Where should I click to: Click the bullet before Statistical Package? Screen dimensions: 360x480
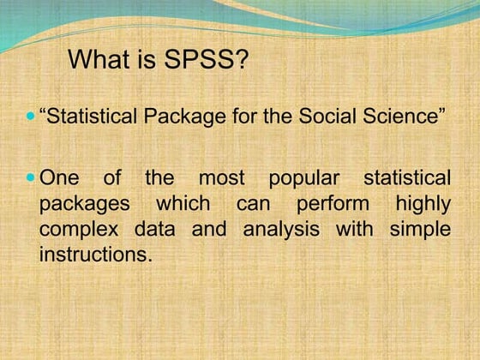pos(32,116)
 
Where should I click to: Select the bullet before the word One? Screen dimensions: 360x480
pos(32,178)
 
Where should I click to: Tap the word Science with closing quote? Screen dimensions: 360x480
pos(406,117)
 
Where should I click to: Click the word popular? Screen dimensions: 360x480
pos(303,179)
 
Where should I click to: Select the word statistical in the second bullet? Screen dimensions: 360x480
pos(406,179)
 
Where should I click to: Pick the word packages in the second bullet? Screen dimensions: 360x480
pos(85,205)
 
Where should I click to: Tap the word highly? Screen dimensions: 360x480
pos(422,205)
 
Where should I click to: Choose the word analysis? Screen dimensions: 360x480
pos(284,230)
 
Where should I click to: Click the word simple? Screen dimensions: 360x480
pos(420,230)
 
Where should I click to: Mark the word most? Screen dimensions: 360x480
pos(221,179)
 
